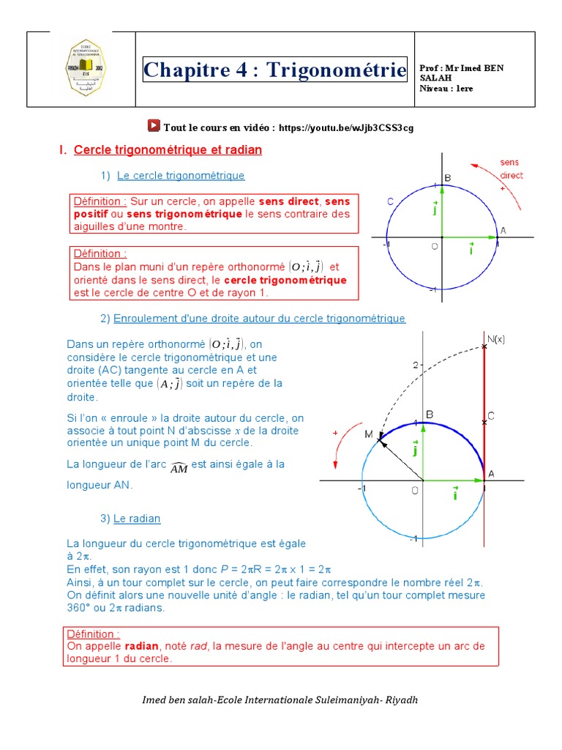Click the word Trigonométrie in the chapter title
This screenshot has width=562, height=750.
(336, 70)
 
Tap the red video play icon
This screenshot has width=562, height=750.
(154, 126)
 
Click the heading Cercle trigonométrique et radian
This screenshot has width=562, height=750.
(168, 150)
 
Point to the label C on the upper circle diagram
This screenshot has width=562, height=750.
(391, 201)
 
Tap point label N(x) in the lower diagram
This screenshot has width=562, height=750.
(496, 338)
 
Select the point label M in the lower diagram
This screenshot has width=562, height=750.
(369, 434)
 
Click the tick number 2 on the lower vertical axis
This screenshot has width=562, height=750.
(413, 365)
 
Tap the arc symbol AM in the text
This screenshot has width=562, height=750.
(179, 467)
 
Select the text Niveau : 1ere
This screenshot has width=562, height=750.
(446, 88)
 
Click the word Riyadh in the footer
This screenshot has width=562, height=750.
(403, 699)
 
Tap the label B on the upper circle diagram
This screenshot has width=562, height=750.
(448, 178)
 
